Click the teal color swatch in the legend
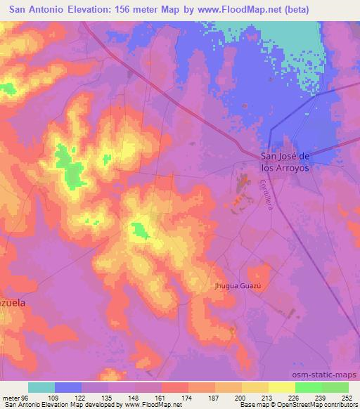pyautogui.click(x=41, y=387)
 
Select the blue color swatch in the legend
pyautogui.click(x=68, y=387)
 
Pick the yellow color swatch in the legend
pyautogui.click(x=281, y=387)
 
